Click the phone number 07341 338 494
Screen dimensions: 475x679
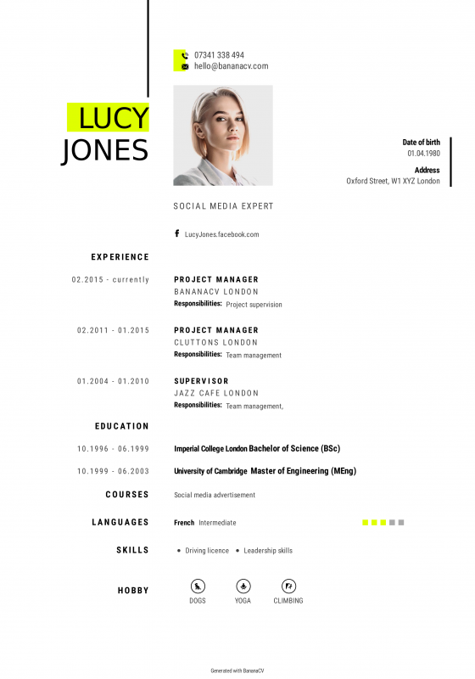pyautogui.click(x=219, y=55)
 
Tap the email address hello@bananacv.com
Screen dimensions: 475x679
pyautogui.click(x=231, y=66)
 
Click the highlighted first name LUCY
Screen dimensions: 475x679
pyautogui.click(x=113, y=117)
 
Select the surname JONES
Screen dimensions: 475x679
pyautogui.click(x=105, y=150)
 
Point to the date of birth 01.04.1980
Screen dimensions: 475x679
pyautogui.click(x=423, y=154)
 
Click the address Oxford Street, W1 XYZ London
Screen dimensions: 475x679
pyautogui.click(x=393, y=181)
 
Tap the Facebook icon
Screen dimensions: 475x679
pyautogui.click(x=177, y=233)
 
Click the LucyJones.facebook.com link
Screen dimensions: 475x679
pyautogui.click(x=221, y=234)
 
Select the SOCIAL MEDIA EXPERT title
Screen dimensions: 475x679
pyautogui.click(x=223, y=206)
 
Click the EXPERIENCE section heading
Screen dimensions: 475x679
pyautogui.click(x=120, y=257)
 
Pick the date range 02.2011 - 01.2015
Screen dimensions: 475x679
pyautogui.click(x=113, y=330)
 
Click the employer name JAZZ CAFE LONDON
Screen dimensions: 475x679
pyautogui.click(x=216, y=394)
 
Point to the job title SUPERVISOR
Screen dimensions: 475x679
pyautogui.click(x=201, y=381)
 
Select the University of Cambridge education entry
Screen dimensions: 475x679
pyautogui.click(x=265, y=471)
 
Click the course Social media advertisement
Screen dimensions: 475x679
pyautogui.click(x=214, y=495)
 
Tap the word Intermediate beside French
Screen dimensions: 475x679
pyautogui.click(x=217, y=523)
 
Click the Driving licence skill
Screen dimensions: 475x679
pyautogui.click(x=207, y=551)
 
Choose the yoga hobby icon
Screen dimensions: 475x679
pyautogui.click(x=243, y=586)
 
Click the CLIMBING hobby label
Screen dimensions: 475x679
pyautogui.click(x=288, y=601)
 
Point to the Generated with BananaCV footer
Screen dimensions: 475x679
pyautogui.click(x=237, y=671)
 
